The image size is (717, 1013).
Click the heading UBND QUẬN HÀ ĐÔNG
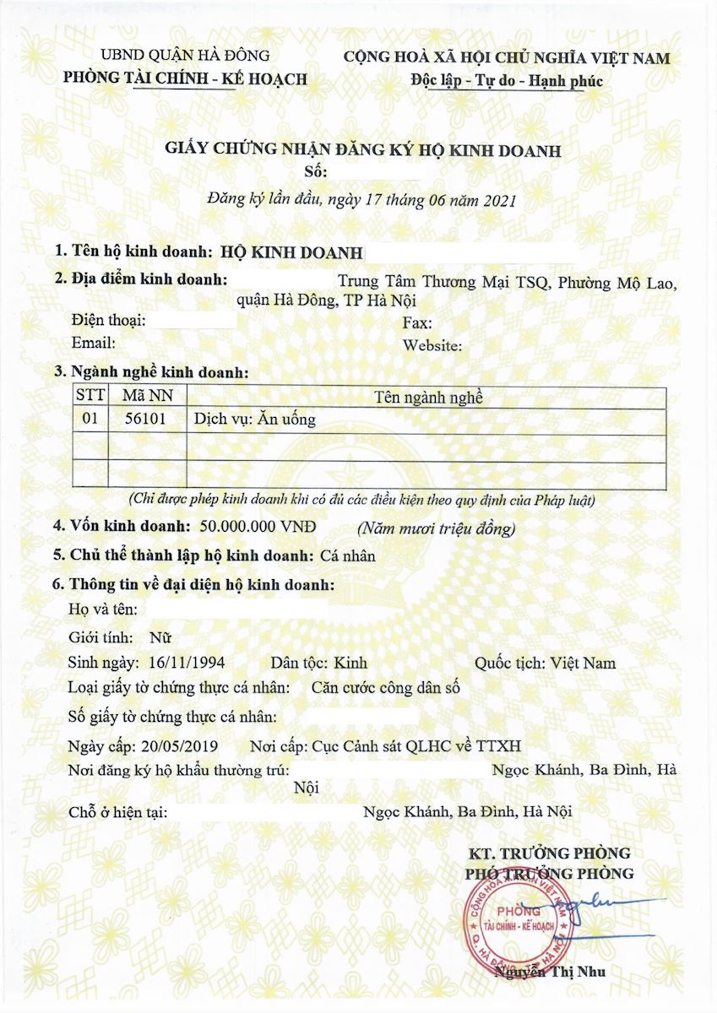(x=185, y=57)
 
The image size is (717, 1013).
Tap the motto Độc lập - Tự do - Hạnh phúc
(x=506, y=81)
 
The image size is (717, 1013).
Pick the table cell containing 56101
(x=140, y=420)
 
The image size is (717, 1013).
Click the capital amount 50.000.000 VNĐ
(x=258, y=527)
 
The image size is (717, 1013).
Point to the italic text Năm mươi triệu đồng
(x=435, y=529)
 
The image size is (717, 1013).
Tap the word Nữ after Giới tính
(x=160, y=637)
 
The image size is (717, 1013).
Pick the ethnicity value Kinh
(x=351, y=663)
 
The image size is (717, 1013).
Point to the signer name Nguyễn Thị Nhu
(x=551, y=971)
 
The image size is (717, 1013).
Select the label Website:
(x=432, y=345)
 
